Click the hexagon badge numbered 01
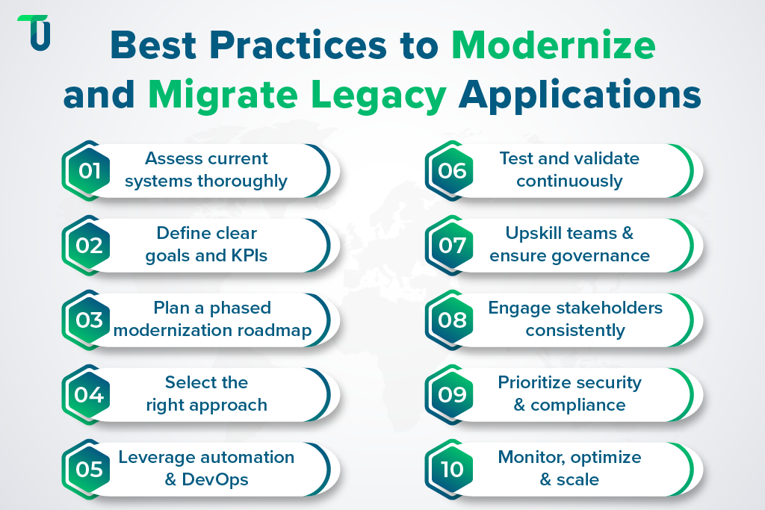point(88,170)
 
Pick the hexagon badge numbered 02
point(88,245)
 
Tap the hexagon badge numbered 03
point(88,320)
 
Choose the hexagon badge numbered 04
point(88,394)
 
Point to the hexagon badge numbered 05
point(88,469)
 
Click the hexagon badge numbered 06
point(452,170)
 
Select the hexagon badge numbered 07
point(452,245)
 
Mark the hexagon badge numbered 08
point(452,320)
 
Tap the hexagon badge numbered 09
point(452,394)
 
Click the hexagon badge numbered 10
point(452,469)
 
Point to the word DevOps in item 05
point(215,479)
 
